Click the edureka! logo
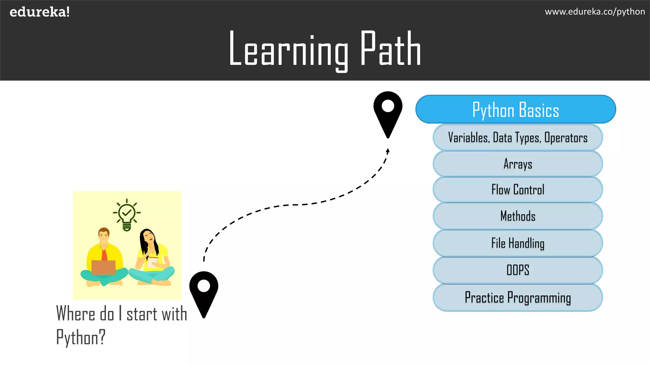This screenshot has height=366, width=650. coord(40,12)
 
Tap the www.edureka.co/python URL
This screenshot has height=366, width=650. coord(594,12)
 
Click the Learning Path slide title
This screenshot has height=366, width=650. coord(325,49)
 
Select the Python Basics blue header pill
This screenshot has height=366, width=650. coord(515,109)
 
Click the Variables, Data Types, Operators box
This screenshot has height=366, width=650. coord(518,138)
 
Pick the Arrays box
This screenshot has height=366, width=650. coord(518,164)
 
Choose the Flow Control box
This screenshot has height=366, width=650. coord(518,190)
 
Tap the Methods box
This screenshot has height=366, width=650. coord(518,216)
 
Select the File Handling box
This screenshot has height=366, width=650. coord(518,243)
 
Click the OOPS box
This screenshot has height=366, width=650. coord(518,270)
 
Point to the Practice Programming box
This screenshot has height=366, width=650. coord(518,297)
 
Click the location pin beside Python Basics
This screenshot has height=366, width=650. coord(388,111)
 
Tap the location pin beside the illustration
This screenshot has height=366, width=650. coord(203,291)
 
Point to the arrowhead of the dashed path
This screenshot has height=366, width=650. coord(388,151)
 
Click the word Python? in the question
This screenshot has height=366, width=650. coord(81,337)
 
